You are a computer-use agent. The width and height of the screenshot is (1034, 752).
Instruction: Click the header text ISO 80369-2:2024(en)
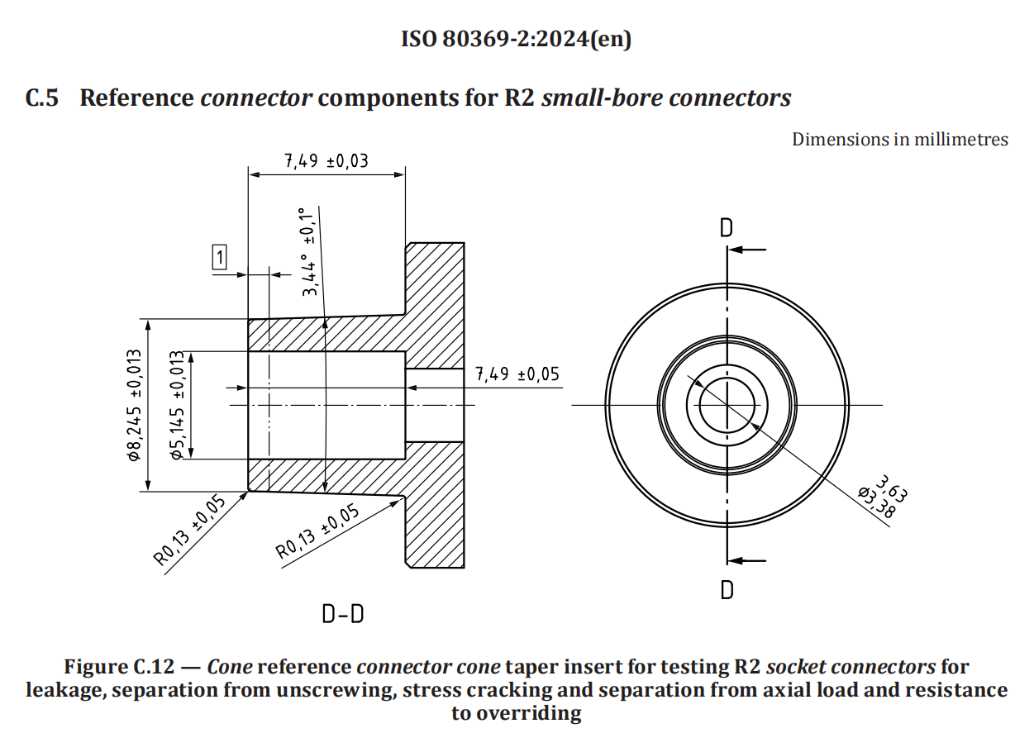pos(516,39)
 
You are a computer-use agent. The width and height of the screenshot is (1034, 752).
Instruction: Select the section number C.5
pos(42,98)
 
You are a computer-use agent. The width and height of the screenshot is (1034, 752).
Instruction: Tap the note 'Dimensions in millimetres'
pos(899,139)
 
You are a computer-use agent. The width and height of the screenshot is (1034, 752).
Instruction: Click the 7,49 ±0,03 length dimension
pos(326,160)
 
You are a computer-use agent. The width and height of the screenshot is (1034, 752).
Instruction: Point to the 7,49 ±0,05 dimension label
pos(517,374)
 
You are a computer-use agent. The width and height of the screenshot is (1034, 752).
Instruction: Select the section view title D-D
pos(343,615)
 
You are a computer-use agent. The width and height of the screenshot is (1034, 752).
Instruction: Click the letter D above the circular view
pos(726,228)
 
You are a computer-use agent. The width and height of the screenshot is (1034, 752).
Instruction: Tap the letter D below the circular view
pos(727,589)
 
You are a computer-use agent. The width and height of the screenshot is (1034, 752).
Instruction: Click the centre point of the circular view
pos(727,405)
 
